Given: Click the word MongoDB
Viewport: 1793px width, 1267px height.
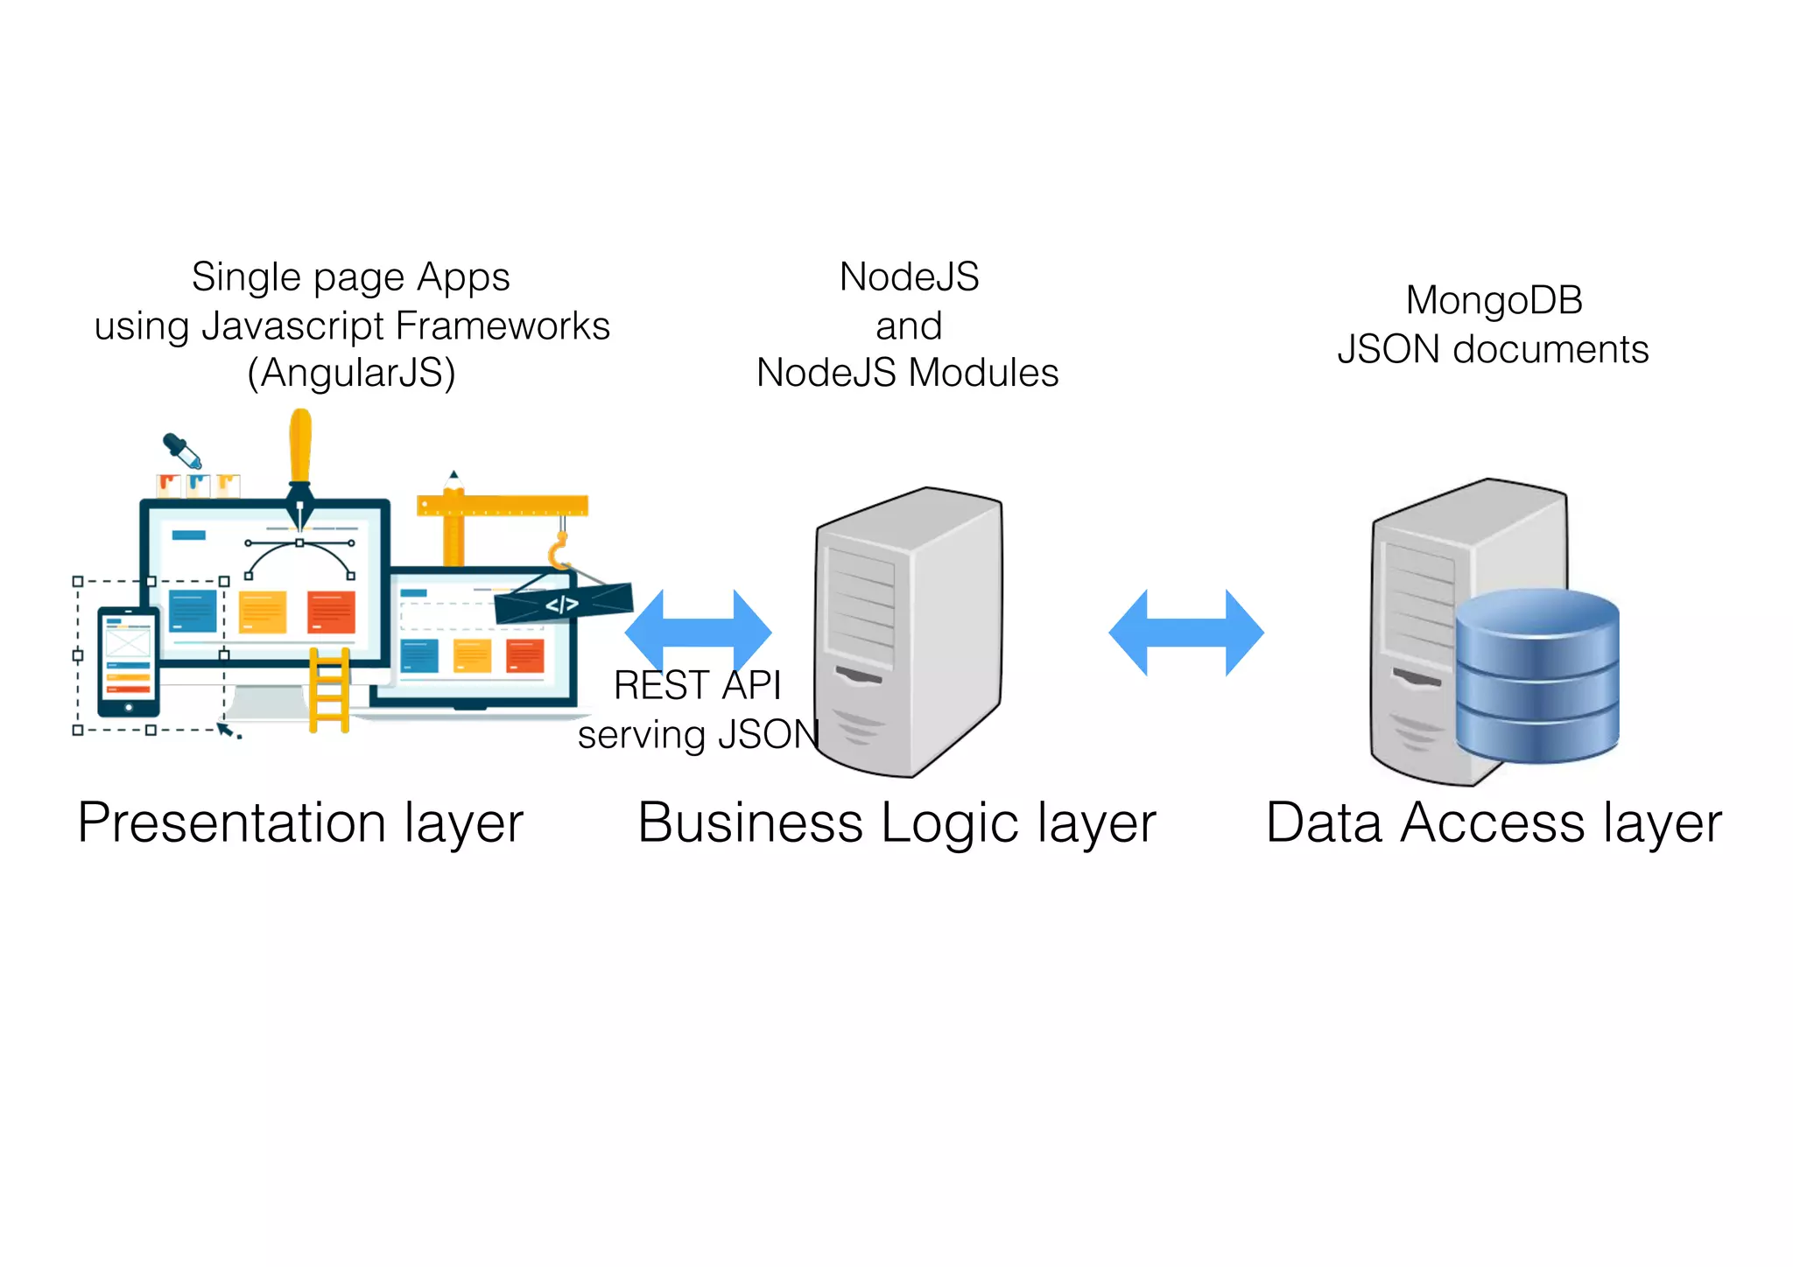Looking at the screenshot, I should (1494, 300).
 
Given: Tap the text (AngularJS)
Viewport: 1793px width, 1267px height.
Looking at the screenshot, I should (351, 373).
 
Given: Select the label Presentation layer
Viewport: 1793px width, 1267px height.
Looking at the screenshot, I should (300, 822).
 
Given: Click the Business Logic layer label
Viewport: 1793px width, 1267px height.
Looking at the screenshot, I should (896, 822).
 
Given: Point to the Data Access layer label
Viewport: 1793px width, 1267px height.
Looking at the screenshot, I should (1494, 822).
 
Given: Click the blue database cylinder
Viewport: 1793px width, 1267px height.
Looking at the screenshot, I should (1536, 674).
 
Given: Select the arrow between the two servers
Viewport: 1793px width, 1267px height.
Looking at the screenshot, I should (1185, 632).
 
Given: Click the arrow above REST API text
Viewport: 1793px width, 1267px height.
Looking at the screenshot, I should (699, 630).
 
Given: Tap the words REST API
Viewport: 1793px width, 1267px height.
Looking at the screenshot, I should (697, 685).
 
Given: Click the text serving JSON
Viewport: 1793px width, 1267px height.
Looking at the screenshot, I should (698, 734).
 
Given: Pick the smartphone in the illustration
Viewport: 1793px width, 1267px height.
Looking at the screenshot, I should (128, 661).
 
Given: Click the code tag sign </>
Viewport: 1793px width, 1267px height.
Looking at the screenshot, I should (562, 604).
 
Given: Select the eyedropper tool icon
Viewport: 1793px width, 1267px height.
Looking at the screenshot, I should (182, 450).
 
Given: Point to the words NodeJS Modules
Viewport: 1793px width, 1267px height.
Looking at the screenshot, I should (907, 373).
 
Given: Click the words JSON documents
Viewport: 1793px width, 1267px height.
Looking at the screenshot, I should (1493, 349).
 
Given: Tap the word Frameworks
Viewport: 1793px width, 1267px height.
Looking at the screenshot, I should (503, 325).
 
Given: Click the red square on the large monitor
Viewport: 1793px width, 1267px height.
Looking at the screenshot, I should (331, 612).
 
